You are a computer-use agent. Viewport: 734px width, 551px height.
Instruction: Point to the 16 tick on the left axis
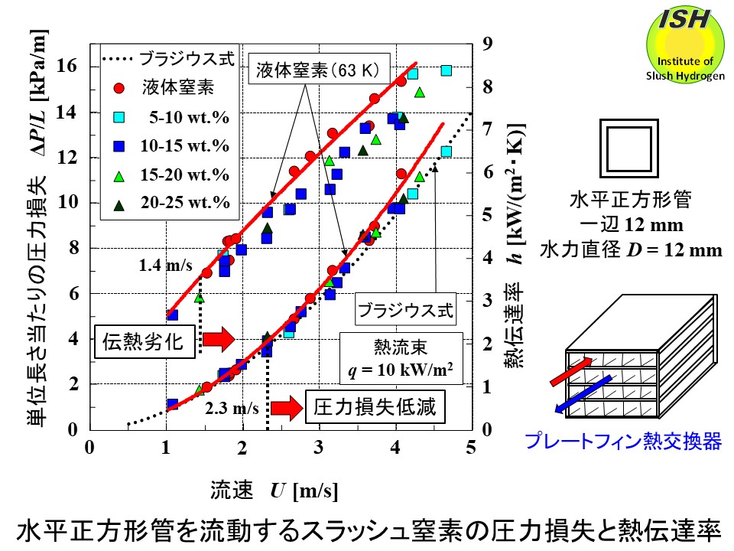click(68, 67)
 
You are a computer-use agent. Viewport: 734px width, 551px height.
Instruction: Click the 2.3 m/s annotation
click(232, 408)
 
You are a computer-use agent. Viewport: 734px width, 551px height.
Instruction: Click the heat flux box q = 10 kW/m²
click(401, 358)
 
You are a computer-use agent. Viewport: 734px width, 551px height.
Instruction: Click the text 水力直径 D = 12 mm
click(630, 249)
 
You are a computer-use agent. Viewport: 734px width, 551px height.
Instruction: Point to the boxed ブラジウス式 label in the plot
click(405, 311)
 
